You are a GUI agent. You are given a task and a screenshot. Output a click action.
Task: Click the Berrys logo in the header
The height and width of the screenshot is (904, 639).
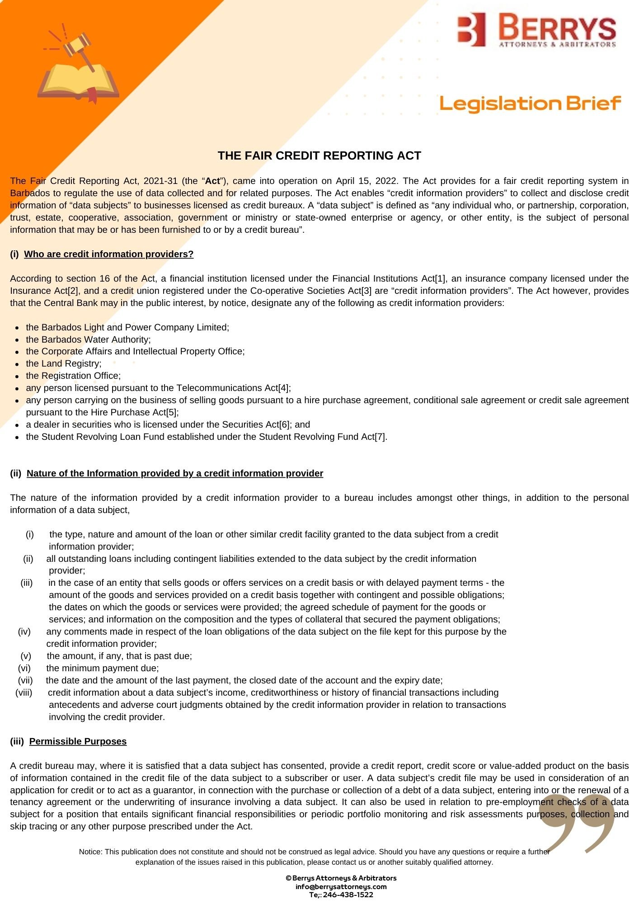click(536, 30)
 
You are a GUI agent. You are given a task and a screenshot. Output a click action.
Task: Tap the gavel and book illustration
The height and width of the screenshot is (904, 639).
click(78, 66)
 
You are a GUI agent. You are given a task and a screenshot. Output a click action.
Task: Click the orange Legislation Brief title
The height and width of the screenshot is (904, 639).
click(530, 104)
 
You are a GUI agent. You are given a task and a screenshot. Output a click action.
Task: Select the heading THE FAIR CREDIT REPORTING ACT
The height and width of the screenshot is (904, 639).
click(319, 155)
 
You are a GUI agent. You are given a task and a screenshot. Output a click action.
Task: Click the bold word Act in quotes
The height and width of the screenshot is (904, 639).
click(212, 181)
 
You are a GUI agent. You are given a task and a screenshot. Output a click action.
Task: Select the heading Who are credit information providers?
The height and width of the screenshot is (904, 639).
click(108, 254)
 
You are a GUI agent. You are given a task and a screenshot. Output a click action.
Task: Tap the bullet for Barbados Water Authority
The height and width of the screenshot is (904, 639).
click(17, 340)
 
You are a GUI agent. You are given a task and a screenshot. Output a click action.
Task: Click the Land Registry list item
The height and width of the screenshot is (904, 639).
click(64, 363)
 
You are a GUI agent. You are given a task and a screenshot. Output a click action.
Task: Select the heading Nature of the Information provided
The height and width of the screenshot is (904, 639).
click(175, 473)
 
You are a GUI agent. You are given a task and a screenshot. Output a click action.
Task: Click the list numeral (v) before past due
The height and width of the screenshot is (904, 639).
click(26, 656)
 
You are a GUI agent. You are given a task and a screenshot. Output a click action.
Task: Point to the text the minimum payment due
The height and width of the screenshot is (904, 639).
click(103, 668)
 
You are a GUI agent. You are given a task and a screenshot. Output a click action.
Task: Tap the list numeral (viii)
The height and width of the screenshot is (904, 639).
click(24, 692)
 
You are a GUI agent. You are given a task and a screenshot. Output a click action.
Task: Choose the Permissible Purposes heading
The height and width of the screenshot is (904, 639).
click(78, 741)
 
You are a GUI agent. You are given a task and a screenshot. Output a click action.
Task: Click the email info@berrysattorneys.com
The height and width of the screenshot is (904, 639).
click(341, 886)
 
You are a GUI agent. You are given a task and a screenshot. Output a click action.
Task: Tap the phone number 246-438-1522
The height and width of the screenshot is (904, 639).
click(348, 895)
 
